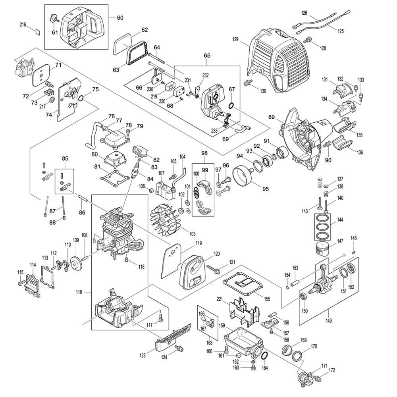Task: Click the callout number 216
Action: (23, 25)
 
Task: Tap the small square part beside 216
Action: (37, 32)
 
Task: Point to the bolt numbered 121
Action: (215, 270)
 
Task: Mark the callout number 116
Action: (79, 292)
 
